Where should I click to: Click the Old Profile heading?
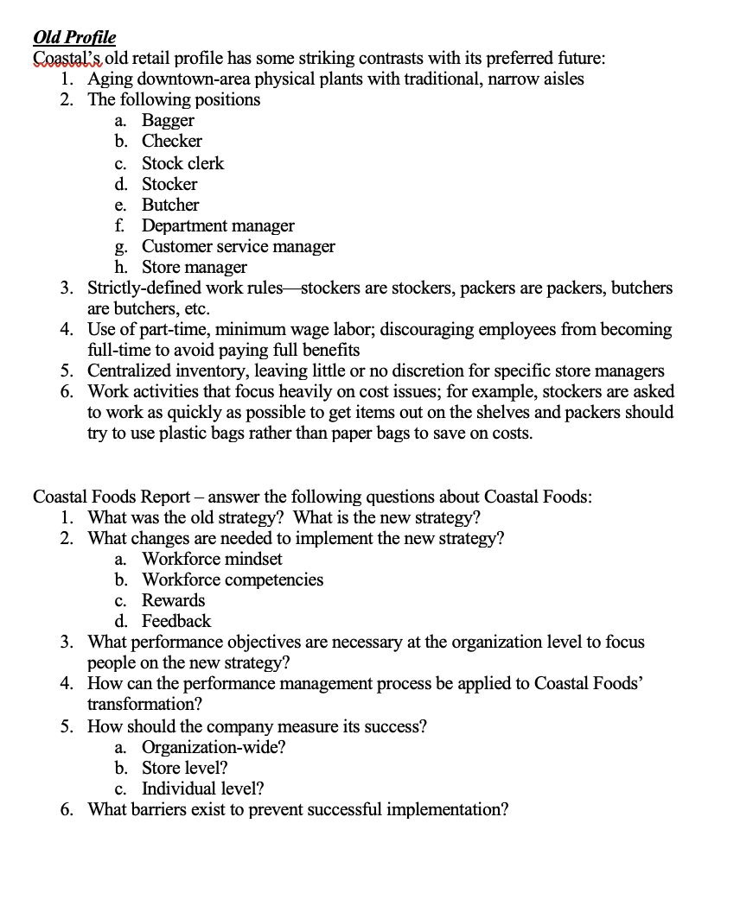click(73, 38)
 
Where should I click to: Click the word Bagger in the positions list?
click(168, 121)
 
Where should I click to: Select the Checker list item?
click(172, 142)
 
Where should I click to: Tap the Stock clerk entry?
click(182, 163)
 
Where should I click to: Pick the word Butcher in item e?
click(170, 205)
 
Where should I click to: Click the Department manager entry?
click(218, 226)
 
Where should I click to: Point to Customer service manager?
click(238, 247)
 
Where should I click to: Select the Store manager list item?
click(194, 268)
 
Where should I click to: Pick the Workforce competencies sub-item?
click(233, 580)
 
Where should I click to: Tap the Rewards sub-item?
click(174, 601)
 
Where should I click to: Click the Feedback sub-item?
click(176, 622)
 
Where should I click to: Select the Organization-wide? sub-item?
click(214, 748)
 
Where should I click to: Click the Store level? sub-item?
click(185, 769)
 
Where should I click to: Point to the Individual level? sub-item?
click(203, 789)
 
